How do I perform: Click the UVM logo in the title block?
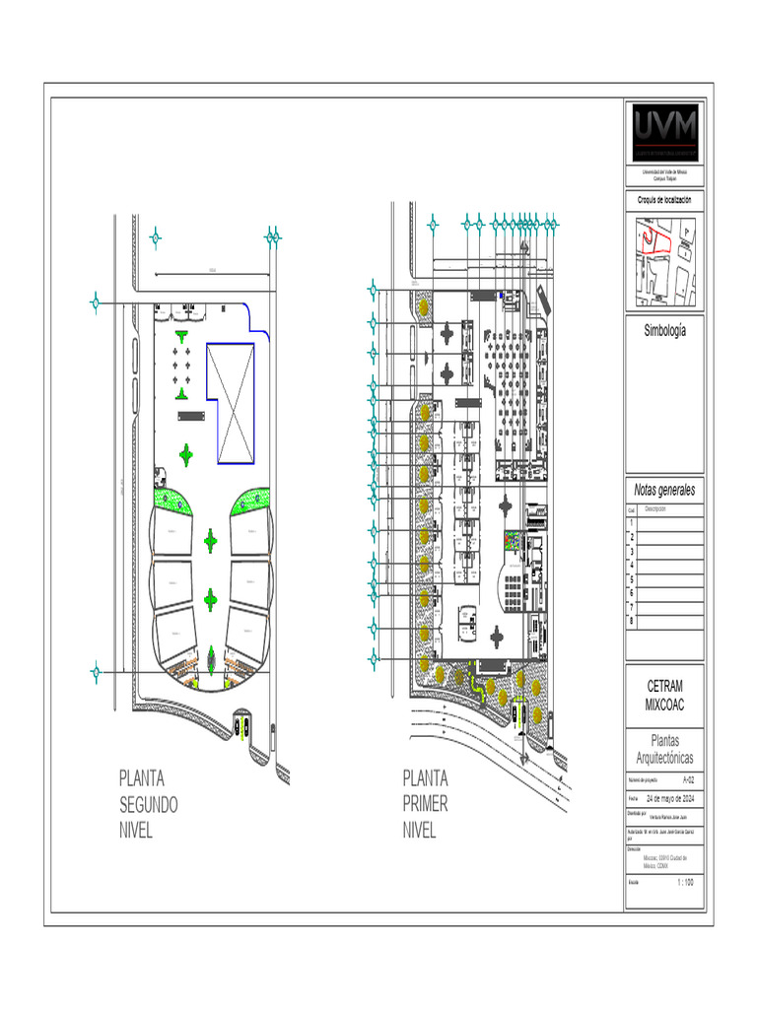tap(665, 132)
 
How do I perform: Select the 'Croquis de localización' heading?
tap(665, 200)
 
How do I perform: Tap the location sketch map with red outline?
tap(665, 261)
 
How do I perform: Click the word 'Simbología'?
tap(665, 330)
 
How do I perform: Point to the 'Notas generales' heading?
tap(665, 490)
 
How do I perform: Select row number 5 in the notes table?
tap(632, 580)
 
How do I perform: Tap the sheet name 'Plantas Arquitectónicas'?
tap(665, 749)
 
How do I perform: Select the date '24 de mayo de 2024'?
tap(671, 797)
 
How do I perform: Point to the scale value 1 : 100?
tap(685, 882)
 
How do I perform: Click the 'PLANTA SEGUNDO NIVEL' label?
tap(148, 804)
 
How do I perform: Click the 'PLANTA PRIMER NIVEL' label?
tap(426, 804)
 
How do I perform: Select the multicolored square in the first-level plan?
tap(515, 541)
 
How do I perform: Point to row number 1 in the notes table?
tap(632, 523)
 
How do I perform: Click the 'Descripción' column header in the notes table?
tap(655, 509)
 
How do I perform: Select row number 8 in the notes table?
tap(632, 622)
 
